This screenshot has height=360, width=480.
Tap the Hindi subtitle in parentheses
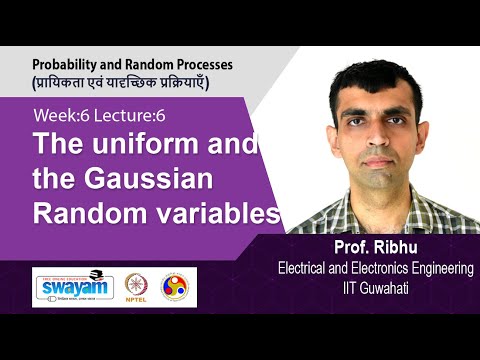coord(122,81)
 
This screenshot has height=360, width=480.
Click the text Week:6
coord(60,116)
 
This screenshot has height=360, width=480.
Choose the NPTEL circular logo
coord(136,286)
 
